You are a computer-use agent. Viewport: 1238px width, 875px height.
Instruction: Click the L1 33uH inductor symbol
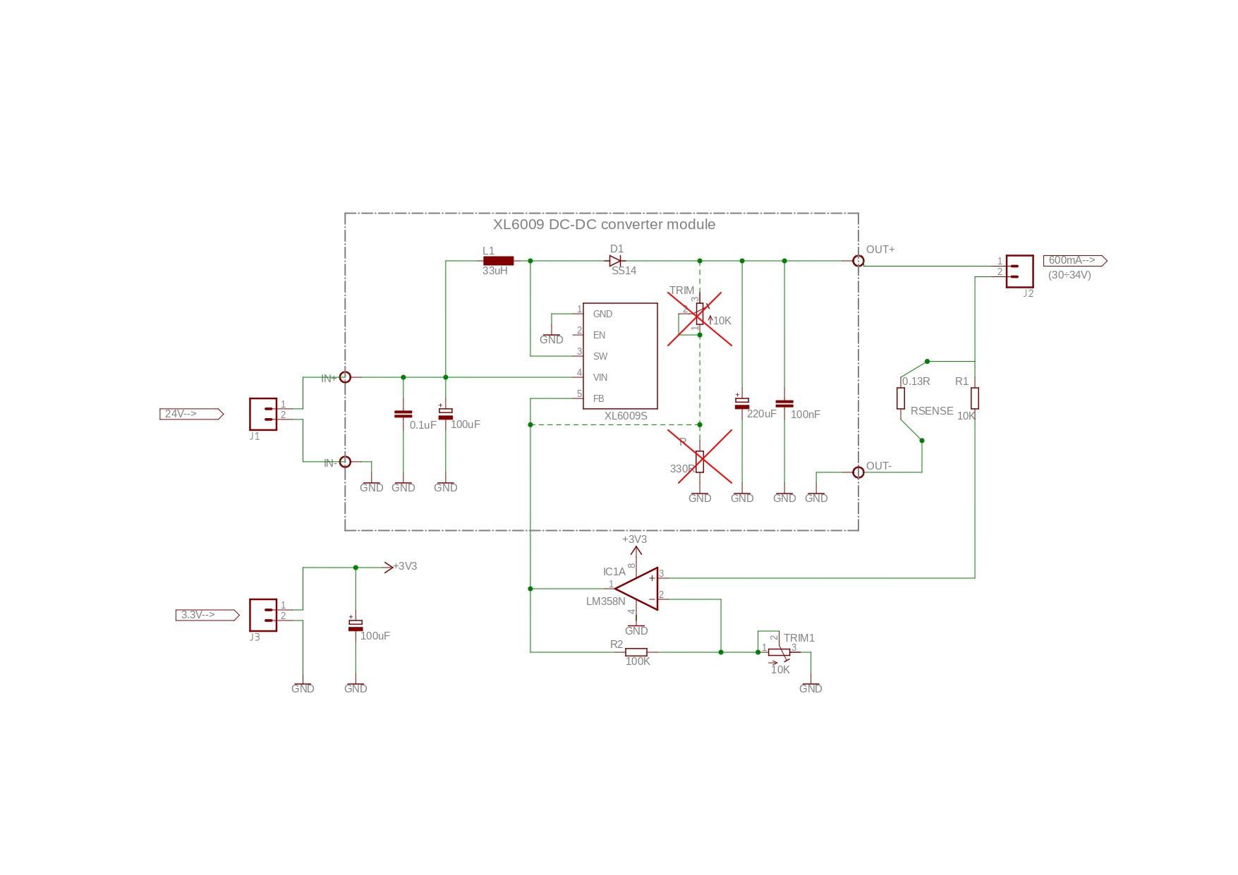point(498,261)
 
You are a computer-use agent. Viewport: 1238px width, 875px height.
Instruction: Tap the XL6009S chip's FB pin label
point(598,398)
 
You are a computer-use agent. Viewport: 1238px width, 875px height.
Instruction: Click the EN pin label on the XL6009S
point(599,335)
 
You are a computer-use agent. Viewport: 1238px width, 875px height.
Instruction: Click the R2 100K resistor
point(636,652)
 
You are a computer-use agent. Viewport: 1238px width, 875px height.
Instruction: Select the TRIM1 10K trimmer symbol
point(779,652)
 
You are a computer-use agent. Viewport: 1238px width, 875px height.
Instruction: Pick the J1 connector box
point(262,414)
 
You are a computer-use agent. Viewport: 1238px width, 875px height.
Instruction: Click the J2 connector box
point(1019,271)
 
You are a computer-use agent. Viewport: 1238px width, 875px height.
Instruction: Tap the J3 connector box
point(262,615)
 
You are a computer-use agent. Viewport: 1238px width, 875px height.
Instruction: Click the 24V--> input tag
point(191,414)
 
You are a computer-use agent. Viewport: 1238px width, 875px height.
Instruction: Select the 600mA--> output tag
point(1074,261)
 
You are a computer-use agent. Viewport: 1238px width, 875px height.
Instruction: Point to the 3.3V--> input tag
point(207,615)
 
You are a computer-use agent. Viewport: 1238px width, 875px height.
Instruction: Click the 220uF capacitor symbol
point(742,403)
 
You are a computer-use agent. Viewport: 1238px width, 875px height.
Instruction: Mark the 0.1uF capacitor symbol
point(403,414)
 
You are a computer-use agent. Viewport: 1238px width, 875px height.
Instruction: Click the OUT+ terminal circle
point(858,261)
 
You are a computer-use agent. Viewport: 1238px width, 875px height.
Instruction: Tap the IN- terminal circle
point(345,462)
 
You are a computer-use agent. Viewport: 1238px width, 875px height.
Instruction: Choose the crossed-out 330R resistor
point(700,462)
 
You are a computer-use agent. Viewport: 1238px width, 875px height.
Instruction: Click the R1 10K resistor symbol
point(975,398)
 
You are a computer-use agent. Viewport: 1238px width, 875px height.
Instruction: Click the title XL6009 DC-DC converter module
point(604,224)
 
